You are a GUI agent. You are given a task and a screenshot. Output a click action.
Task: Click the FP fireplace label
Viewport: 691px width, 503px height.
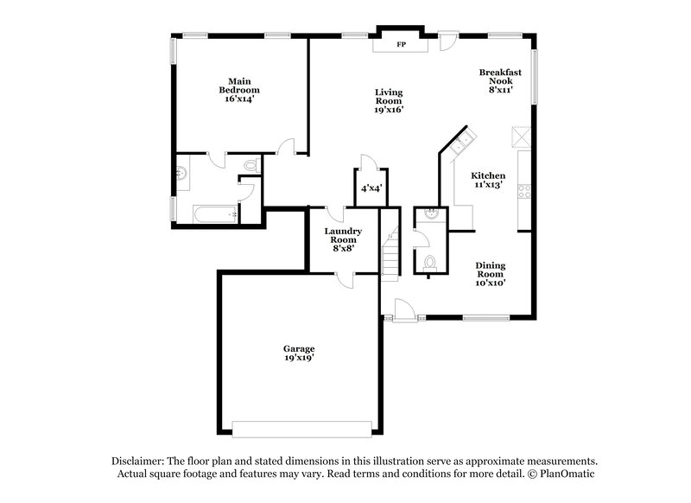[400, 44]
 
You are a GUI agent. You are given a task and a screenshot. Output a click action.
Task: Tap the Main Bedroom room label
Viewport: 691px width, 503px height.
[239, 90]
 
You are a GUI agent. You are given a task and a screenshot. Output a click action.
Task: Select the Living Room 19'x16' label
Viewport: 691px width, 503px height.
[388, 100]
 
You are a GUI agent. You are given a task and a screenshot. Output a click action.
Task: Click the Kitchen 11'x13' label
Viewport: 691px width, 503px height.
[488, 180]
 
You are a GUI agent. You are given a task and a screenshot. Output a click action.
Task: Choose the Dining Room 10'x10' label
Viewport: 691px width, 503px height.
[490, 273]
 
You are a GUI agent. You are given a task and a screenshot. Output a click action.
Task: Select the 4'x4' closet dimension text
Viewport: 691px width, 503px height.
[371, 188]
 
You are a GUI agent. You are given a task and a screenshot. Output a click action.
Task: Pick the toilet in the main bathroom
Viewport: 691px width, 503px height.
[250, 165]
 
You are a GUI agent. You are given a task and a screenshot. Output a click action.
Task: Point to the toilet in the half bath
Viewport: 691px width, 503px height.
[429, 262]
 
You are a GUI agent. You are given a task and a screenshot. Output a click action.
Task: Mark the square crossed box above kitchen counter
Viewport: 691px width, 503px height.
[521, 137]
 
